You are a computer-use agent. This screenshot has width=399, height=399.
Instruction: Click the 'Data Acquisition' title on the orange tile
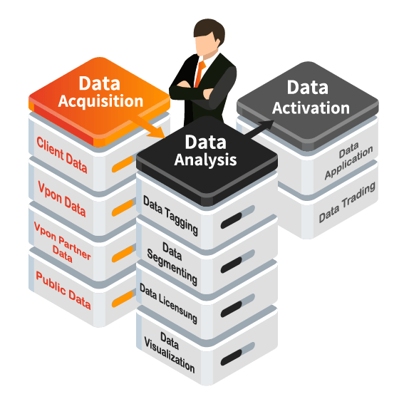(x=100, y=92)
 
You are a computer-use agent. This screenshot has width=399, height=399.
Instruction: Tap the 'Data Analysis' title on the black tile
(x=206, y=150)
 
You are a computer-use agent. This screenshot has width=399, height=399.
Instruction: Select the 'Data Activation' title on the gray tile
(x=311, y=98)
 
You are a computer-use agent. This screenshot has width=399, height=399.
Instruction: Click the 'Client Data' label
(x=62, y=155)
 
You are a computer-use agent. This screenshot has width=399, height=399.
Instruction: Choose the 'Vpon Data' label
(x=62, y=199)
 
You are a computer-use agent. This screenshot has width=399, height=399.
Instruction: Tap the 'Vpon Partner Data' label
(x=63, y=242)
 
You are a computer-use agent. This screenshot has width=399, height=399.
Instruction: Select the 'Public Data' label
(x=63, y=291)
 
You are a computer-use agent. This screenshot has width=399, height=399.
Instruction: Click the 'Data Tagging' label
(x=170, y=215)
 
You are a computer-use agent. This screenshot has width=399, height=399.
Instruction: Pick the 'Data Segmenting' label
(x=172, y=264)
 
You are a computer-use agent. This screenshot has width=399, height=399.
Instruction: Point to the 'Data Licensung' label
(x=168, y=304)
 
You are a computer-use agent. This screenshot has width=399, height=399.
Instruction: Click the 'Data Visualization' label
(x=170, y=352)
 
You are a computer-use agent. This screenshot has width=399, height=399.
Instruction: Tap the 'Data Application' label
(x=349, y=161)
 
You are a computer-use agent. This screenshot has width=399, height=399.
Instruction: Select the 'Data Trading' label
(x=347, y=202)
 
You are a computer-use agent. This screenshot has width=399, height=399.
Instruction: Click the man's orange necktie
(x=200, y=74)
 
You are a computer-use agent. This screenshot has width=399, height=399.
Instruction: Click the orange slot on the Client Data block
(x=123, y=164)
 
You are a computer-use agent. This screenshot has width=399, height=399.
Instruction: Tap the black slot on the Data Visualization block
(x=232, y=358)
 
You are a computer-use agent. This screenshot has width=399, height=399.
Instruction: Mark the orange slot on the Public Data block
(x=123, y=299)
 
